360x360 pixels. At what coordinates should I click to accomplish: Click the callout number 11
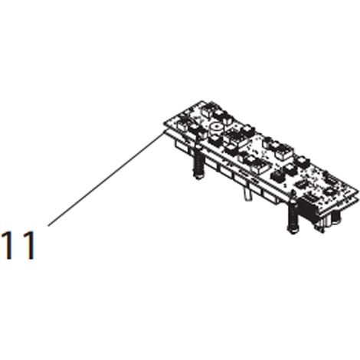click(x=18, y=245)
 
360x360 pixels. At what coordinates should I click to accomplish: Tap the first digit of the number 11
click(x=8, y=245)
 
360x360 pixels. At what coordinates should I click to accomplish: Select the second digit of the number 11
click(x=28, y=245)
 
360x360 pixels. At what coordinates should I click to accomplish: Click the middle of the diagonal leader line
click(x=105, y=179)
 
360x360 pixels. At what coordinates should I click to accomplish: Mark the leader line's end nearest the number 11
click(x=48, y=226)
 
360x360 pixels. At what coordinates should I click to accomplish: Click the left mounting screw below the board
click(x=198, y=163)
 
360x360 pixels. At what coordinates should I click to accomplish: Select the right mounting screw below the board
click(x=293, y=218)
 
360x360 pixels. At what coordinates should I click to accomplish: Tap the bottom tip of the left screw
click(x=198, y=179)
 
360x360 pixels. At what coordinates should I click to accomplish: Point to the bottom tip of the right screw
click(x=293, y=234)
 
